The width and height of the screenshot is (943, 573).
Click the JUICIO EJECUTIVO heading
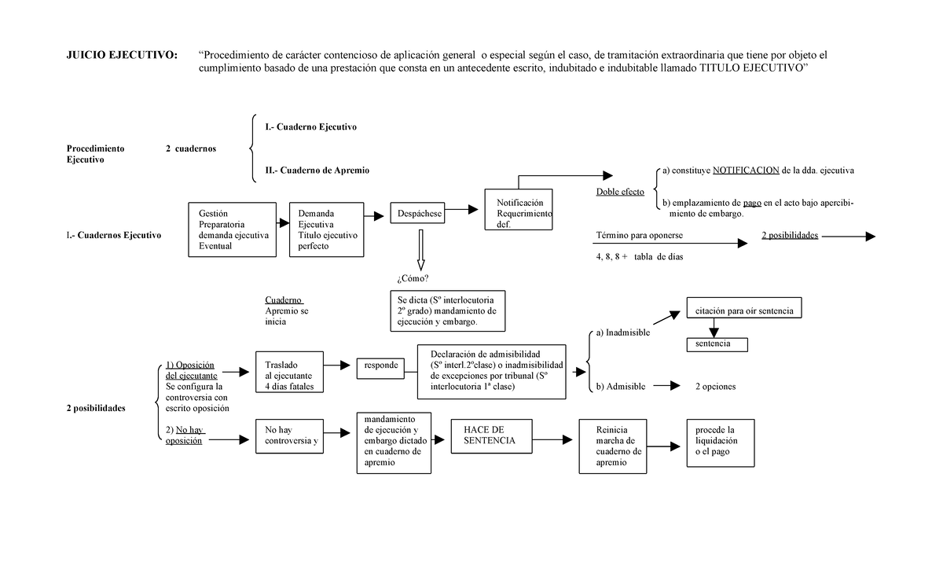(122, 55)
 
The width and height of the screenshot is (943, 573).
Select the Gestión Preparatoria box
(233, 230)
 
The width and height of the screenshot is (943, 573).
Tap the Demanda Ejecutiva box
(326, 230)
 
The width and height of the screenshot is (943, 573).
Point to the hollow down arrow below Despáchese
(420, 250)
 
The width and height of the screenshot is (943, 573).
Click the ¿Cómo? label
(413, 279)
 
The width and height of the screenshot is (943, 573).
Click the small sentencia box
(717, 344)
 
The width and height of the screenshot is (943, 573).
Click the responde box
(380, 365)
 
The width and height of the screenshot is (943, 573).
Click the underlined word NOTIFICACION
(746, 171)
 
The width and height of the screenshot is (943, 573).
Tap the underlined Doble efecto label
(620, 192)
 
